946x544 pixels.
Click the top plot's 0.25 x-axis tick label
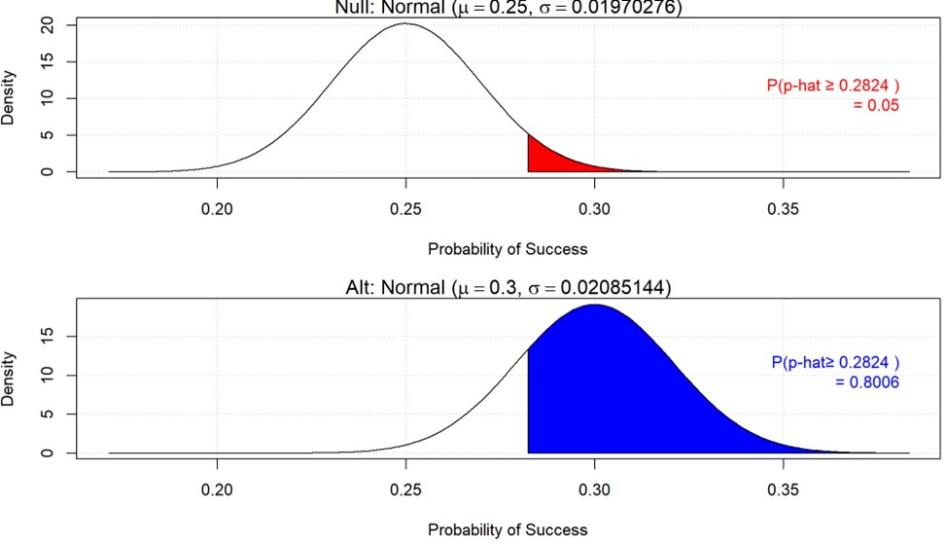pyautogui.click(x=405, y=209)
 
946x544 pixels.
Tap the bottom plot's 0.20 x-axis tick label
pyautogui.click(x=216, y=490)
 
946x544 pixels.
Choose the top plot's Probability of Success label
pyautogui.click(x=508, y=248)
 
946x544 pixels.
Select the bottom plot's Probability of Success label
pyautogui.click(x=508, y=529)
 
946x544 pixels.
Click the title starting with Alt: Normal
pyautogui.click(x=507, y=288)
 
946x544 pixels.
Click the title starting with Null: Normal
pyautogui.click(x=507, y=8)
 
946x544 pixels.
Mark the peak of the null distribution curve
pyautogui.click(x=405, y=24)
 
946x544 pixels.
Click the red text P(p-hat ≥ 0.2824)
pyautogui.click(x=832, y=86)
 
